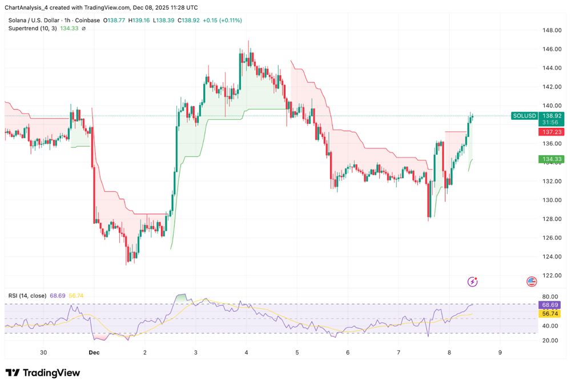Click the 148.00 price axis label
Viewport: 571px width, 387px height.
point(550,30)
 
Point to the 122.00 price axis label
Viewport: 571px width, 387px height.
point(550,275)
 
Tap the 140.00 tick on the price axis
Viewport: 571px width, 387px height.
point(550,106)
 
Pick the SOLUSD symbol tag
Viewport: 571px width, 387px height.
point(525,116)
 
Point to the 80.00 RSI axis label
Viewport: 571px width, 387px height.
point(550,297)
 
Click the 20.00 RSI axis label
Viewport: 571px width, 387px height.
point(550,340)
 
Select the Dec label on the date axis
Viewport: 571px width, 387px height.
point(94,353)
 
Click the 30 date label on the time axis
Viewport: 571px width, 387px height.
point(43,353)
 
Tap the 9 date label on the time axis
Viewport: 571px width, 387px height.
point(500,353)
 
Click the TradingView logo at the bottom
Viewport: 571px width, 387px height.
point(43,373)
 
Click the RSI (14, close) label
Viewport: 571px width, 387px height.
point(27,296)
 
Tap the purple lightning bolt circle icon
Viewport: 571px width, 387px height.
point(472,281)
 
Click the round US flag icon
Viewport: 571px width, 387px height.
point(532,281)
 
